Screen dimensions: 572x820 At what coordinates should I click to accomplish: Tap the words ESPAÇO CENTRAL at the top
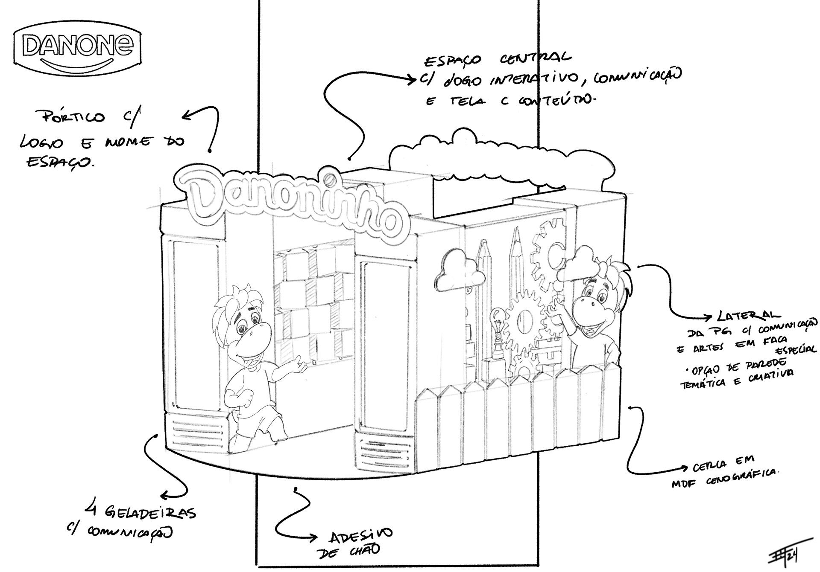click(498, 59)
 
